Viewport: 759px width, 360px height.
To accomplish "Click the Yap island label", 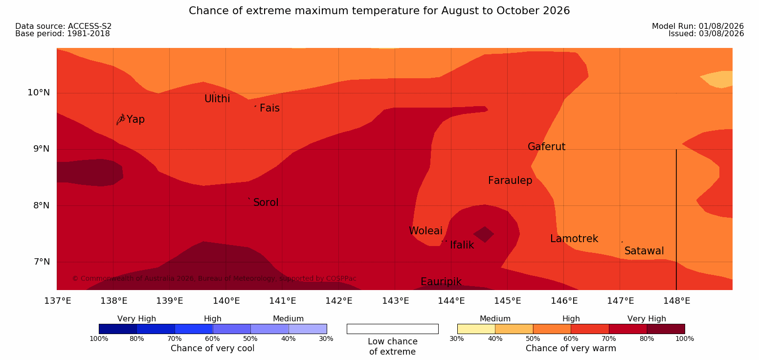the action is coord(135,120).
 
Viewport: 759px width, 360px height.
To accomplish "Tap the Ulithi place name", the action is coord(217,99).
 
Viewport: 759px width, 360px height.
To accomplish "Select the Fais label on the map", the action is coord(270,108).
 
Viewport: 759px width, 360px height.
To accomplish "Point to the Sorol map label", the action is coord(266,202).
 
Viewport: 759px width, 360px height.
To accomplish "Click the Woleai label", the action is coord(426,231).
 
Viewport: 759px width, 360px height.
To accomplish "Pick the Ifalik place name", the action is coord(462,245).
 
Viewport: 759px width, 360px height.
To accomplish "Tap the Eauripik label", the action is coord(441,282).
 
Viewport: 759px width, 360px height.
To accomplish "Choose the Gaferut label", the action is coord(547,147).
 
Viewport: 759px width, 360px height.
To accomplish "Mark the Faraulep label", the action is coord(510,180).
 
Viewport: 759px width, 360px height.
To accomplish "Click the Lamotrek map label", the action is coord(574,239).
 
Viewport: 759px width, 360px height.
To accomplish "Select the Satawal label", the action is coord(644,251).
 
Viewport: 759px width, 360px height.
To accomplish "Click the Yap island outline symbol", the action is coord(121,120).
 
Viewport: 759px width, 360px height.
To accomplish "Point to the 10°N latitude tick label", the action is coord(39,92).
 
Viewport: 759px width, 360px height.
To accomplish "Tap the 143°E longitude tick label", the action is coord(396,301).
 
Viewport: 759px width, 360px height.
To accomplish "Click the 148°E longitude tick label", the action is coord(677,301).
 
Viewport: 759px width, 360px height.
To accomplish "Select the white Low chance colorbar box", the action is coord(393,329).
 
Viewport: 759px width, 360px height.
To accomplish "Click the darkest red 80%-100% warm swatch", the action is coord(666,329).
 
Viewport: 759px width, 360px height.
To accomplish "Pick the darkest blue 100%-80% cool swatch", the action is coord(118,329).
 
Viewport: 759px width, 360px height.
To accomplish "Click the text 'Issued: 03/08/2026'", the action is coord(706,34).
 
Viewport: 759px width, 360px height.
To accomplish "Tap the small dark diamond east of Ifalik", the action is coord(484,234).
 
